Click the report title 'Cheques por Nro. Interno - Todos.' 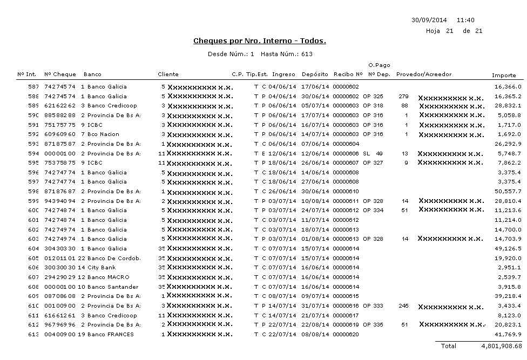[259, 41]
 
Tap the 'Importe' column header [504, 75]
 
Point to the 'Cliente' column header [168, 74]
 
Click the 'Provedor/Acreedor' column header [424, 74]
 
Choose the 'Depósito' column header [315, 74]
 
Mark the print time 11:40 [465, 20]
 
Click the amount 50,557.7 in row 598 [508, 192]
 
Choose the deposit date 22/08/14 [315, 325]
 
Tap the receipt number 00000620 [346, 335]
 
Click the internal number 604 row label [33, 249]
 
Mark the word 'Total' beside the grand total [448, 346]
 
